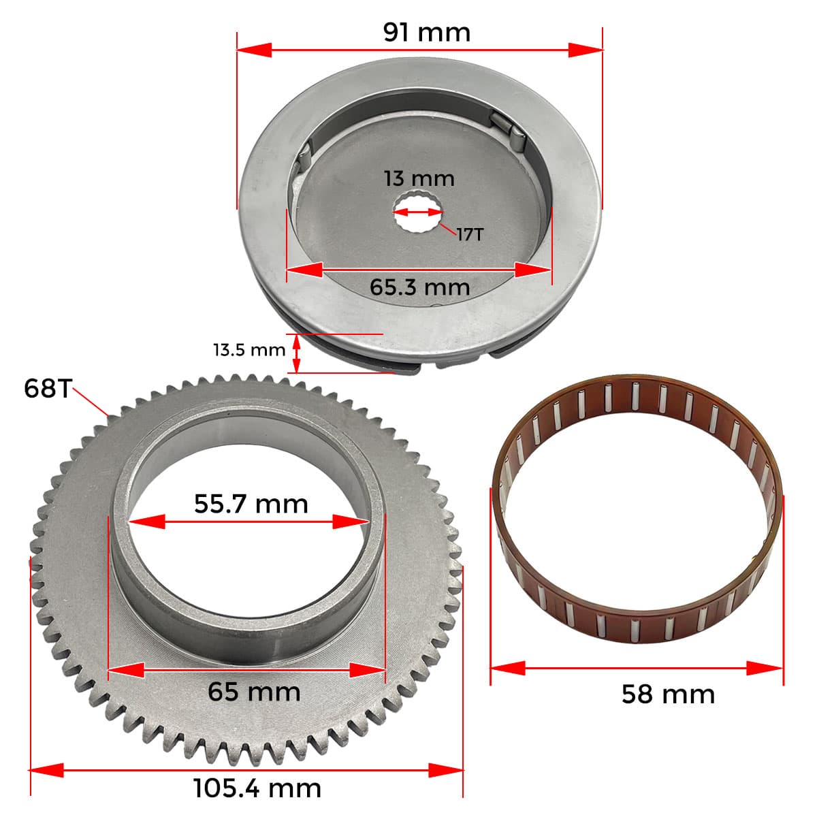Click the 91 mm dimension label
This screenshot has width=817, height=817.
426,33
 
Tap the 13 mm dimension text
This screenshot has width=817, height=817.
419,178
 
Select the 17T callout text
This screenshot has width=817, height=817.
470,234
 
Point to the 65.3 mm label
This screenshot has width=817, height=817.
420,287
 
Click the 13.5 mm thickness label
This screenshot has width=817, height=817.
249,350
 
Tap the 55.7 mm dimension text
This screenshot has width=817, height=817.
251,504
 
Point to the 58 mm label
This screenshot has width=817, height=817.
668,694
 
